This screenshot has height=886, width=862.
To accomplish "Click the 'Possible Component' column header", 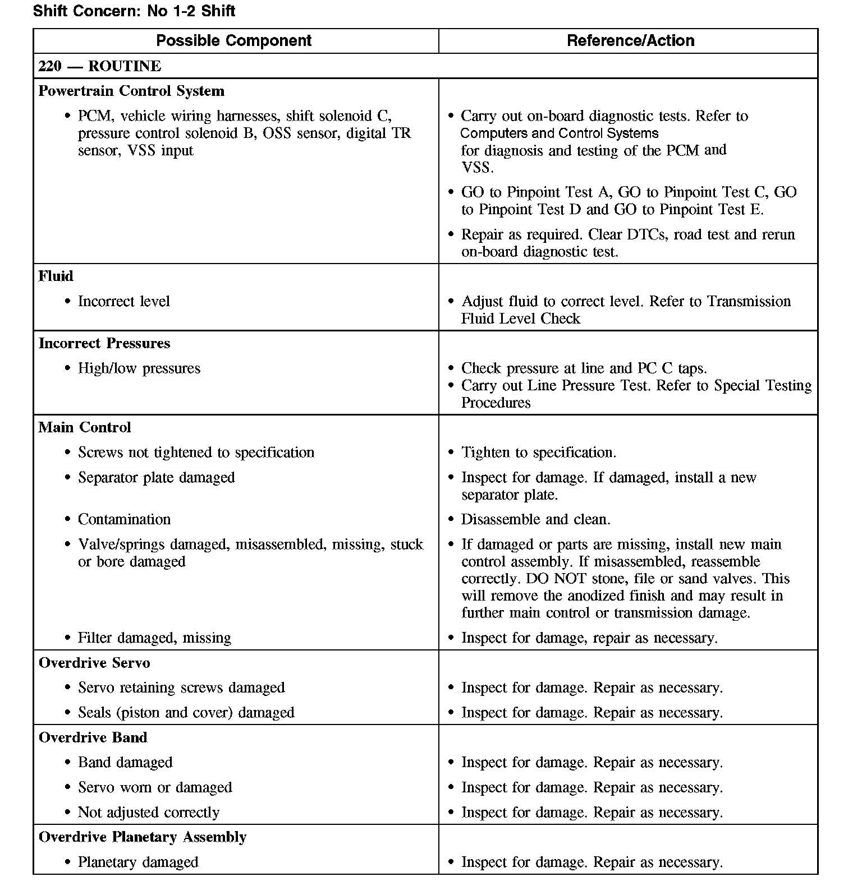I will point(233,41).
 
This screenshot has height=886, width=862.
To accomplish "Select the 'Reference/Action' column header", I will point(630,41).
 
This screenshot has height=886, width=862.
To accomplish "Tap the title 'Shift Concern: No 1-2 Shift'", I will point(134,11).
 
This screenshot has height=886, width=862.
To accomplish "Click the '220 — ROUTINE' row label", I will point(100,66).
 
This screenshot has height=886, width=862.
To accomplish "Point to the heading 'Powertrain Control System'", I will point(131,91).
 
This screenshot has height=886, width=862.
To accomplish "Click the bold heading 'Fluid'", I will point(56,276).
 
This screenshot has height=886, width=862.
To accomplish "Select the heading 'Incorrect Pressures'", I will point(104,343).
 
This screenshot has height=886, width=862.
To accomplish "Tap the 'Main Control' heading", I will point(85,427).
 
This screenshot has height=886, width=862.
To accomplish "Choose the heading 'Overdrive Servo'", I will point(94,663).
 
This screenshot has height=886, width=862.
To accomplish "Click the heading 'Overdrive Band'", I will point(93,737).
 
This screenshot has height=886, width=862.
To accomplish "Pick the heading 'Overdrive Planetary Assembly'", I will point(143,837).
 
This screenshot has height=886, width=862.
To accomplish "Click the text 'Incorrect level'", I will point(123,301).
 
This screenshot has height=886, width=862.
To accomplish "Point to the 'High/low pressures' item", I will point(139,368).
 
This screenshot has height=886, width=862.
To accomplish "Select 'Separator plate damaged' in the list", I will point(156,478).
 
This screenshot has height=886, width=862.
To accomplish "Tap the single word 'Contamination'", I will point(124,519).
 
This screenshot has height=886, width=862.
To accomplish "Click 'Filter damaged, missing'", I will point(154,638).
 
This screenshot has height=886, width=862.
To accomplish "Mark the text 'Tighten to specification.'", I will point(539,453).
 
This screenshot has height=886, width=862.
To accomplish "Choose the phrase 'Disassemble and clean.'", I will point(535,519).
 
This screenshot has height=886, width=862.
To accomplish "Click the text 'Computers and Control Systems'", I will point(560,133).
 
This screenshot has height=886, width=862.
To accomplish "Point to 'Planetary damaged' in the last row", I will point(138,862).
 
